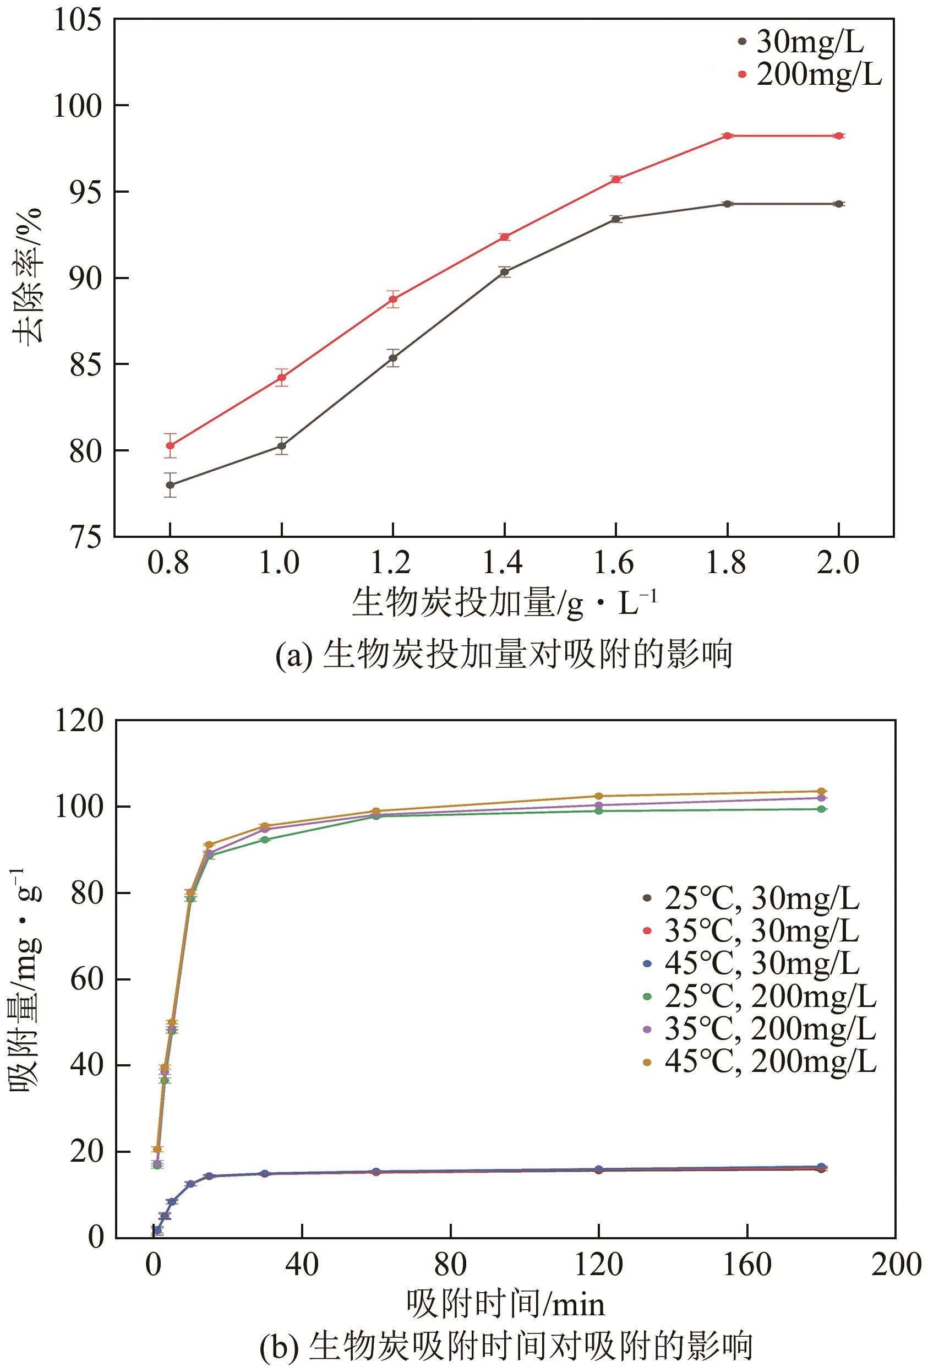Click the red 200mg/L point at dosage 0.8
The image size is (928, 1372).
pyautogui.click(x=170, y=445)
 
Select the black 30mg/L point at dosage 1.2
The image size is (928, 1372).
pyautogui.click(x=393, y=358)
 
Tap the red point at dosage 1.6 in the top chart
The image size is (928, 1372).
pyautogui.click(x=616, y=179)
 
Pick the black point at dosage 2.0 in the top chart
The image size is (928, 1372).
pyautogui.click(x=838, y=204)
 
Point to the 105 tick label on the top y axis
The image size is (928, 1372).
pyautogui.click(x=77, y=20)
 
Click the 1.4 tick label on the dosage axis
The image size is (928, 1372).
pyautogui.click(x=503, y=562)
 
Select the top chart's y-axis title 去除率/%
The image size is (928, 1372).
pyautogui.click(x=27, y=276)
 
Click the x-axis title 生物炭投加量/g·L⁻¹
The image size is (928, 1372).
pyautogui.click(x=504, y=603)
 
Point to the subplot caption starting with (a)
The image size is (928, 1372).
pyautogui.click(x=504, y=654)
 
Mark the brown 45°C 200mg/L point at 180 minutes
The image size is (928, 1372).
pyautogui.click(x=821, y=791)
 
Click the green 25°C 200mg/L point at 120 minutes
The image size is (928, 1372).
pyautogui.click(x=599, y=810)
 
